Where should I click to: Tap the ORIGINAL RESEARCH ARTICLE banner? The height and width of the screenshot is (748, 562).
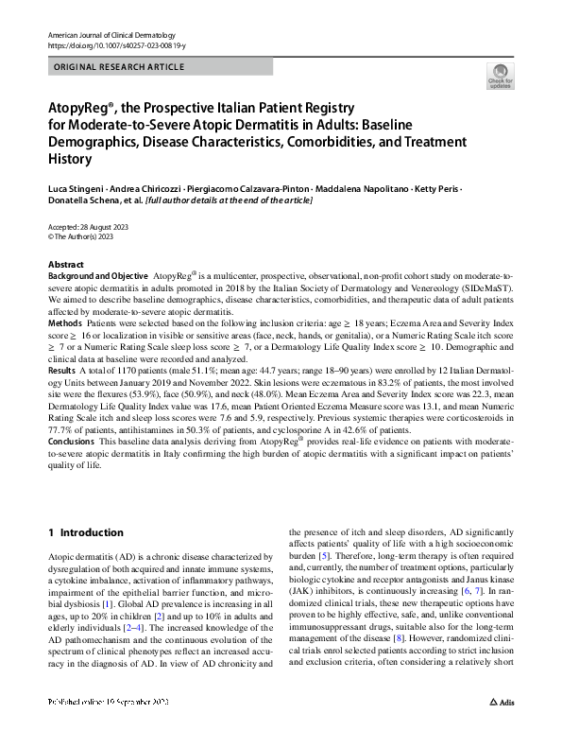click(x=120, y=67)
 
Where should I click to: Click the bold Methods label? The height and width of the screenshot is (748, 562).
click(x=64, y=322)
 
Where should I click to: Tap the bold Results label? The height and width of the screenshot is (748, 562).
click(x=62, y=372)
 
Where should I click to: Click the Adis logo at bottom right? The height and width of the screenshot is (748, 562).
click(x=502, y=730)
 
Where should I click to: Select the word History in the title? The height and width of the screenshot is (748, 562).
click(x=72, y=158)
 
